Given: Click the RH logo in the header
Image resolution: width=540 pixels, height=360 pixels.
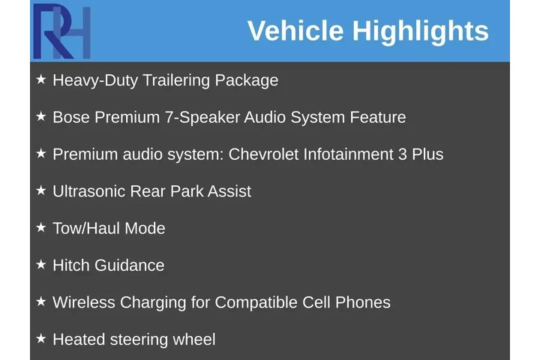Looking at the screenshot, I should [61, 31].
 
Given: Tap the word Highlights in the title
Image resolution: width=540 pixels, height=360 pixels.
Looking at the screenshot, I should [420, 31].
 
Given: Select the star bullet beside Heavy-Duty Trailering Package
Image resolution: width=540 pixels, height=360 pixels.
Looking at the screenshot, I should [41, 79].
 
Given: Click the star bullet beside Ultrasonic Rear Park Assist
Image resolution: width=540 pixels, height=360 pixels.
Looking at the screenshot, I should [41, 190].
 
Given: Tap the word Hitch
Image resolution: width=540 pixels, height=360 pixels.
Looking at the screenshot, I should [72, 265].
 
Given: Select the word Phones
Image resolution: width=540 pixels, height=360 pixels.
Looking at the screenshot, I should [362, 302].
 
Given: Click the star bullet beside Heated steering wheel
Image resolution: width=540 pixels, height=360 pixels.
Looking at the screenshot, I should [41, 338].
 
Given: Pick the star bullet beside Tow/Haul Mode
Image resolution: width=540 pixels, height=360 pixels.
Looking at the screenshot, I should [41, 227].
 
